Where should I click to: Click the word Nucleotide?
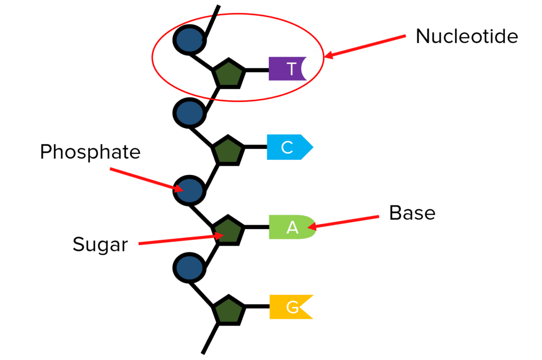[466, 36]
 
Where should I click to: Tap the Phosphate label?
[90, 152]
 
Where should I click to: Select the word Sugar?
[100, 245]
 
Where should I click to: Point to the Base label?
[412, 213]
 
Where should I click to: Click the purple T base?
[288, 69]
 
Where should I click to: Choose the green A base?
[291, 227]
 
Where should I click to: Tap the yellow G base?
[290, 307]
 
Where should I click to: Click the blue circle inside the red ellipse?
[189, 40]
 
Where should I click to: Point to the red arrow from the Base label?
[344, 222]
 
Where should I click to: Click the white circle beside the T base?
[316, 69]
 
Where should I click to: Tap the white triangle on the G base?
[311, 307]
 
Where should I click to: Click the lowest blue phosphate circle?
[189, 268]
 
